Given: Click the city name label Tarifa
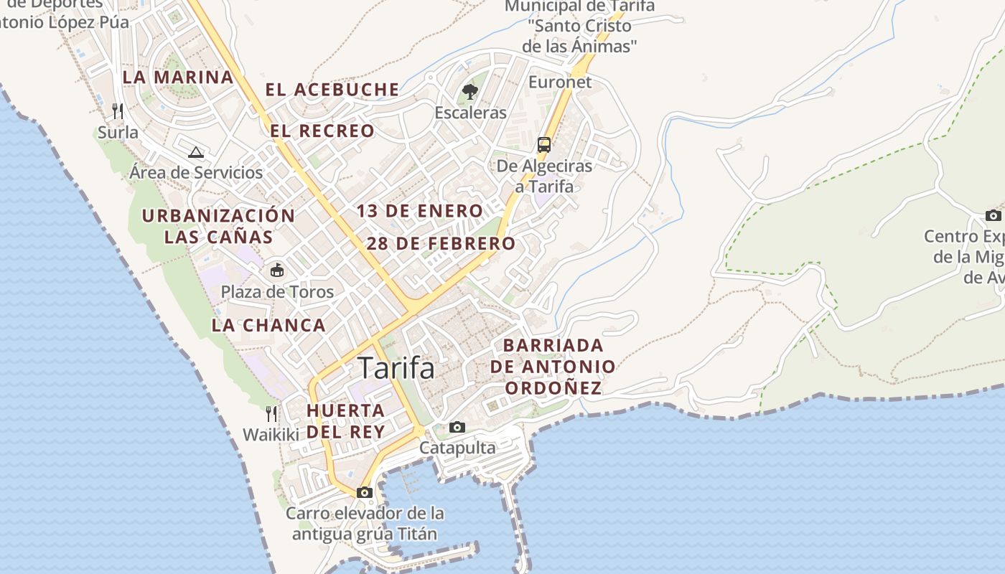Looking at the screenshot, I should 396,368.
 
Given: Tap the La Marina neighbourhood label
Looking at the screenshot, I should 178,77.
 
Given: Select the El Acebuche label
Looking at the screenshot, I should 332,90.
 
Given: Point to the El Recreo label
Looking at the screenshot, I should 322,131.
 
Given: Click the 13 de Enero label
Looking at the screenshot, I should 420,211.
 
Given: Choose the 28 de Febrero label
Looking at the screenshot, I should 441,243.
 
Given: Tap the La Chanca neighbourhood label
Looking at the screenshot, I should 268,325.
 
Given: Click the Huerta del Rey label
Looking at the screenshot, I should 345,421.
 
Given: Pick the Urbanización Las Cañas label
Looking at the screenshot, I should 218,226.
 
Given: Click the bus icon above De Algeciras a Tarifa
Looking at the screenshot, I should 544,144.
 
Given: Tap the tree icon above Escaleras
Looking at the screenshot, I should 470,91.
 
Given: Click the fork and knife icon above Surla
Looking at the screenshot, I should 118,110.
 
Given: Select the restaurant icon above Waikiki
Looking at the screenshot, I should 271,413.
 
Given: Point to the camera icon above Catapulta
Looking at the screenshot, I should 457,427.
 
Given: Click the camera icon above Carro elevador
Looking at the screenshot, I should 365,492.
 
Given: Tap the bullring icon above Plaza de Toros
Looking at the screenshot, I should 276,270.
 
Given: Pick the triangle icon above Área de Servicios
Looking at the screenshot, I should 196,152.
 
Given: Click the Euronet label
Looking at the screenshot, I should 560,82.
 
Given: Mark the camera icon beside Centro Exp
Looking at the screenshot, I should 994,215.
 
